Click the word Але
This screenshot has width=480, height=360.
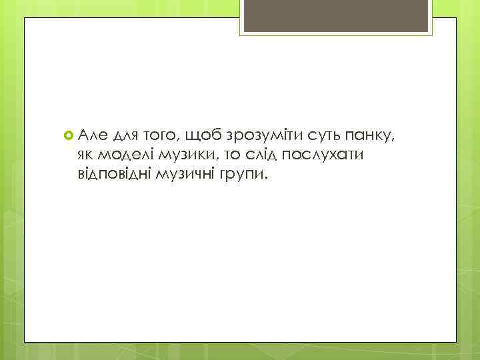tap(92, 136)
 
